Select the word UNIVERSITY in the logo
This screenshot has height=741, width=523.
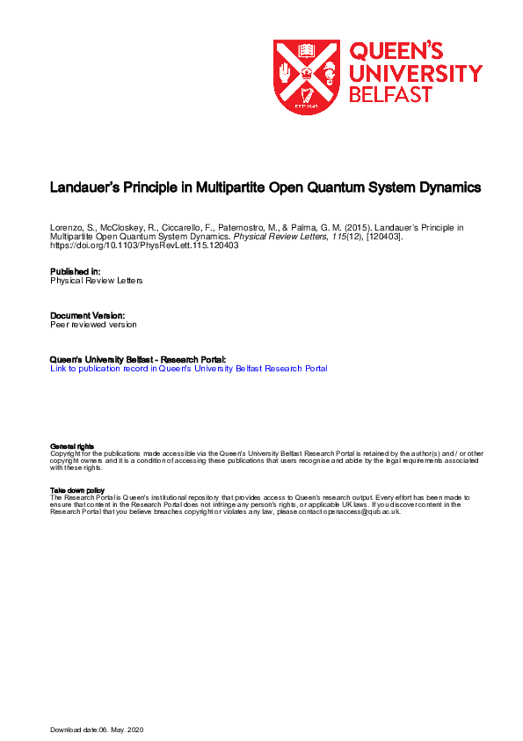416,73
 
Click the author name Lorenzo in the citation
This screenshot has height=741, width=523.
66,227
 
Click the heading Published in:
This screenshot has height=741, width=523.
76,272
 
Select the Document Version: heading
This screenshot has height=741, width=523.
87,315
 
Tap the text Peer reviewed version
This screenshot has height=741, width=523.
93,325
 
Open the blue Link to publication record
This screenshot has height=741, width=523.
189,369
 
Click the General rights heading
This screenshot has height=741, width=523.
72,447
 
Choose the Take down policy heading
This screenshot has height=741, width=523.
77,490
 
